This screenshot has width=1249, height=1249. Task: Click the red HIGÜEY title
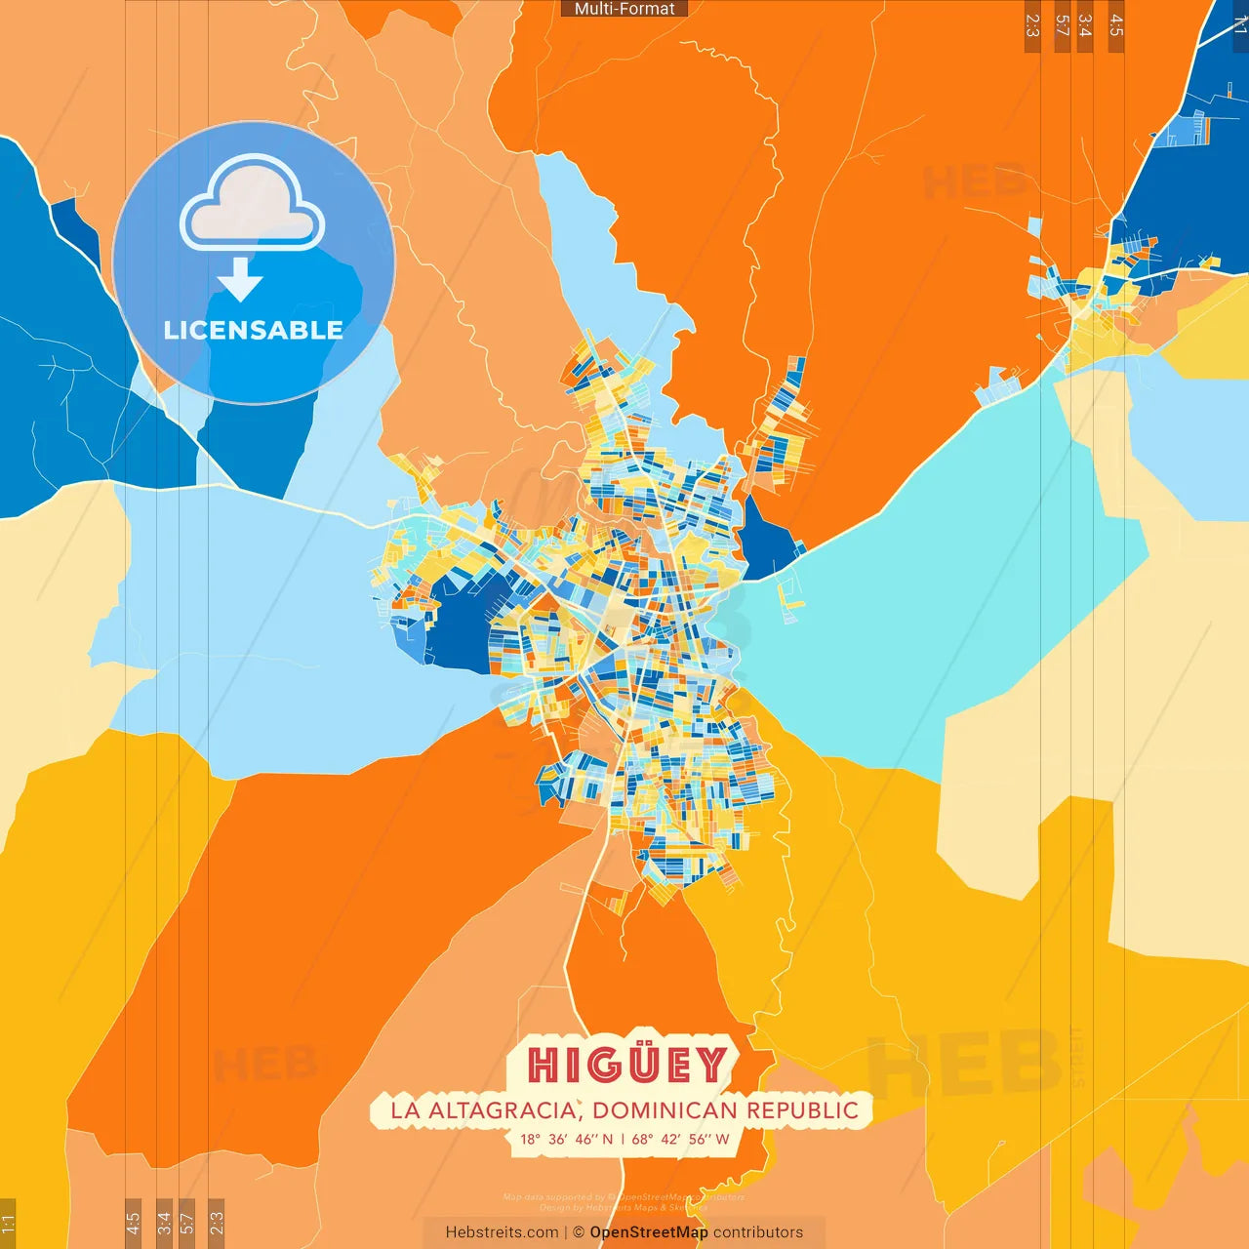click(x=627, y=1065)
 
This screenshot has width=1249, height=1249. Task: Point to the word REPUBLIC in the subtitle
click(x=803, y=1110)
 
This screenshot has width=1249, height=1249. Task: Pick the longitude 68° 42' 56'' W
click(x=680, y=1139)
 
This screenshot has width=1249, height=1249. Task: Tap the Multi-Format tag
click(x=624, y=9)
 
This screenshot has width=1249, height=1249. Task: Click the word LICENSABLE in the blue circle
click(x=253, y=330)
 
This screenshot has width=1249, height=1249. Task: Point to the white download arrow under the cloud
click(x=240, y=280)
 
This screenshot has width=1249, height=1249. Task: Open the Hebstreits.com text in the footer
click(x=502, y=1232)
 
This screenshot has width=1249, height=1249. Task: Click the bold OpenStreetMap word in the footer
click(x=648, y=1232)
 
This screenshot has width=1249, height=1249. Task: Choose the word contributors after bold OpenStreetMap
click(x=758, y=1232)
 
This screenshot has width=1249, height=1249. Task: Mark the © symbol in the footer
click(x=579, y=1232)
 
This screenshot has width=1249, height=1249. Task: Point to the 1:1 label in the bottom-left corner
click(x=8, y=1223)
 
